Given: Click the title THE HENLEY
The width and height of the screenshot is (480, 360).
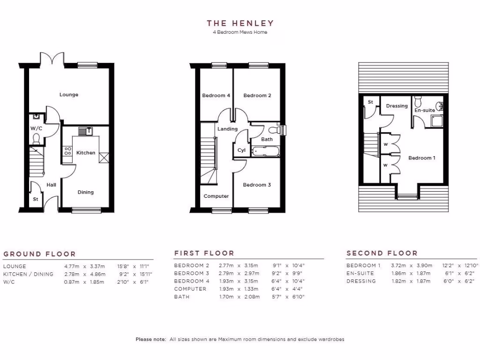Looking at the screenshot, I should pyautogui.click(x=240, y=23).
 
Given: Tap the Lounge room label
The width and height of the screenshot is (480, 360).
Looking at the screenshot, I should pyautogui.click(x=69, y=95).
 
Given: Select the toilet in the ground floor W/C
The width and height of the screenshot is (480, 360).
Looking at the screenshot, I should pyautogui.click(x=36, y=138).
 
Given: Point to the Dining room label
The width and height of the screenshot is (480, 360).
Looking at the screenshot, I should pyautogui.click(x=85, y=192).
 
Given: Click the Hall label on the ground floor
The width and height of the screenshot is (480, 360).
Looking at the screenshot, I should pyautogui.click(x=51, y=185).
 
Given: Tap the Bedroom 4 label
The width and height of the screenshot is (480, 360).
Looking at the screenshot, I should pyautogui.click(x=216, y=96).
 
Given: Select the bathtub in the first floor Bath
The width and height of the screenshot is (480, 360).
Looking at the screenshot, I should pyautogui.click(x=265, y=151).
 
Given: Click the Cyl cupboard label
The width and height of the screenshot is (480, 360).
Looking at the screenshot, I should pyautogui.click(x=241, y=150).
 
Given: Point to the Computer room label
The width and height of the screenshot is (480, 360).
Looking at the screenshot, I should pyautogui.click(x=216, y=196).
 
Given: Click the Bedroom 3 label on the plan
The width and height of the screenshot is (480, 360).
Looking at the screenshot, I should pyautogui.click(x=257, y=185).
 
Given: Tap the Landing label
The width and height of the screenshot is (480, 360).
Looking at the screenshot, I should pyautogui.click(x=227, y=129).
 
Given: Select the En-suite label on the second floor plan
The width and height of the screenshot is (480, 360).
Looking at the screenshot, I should pyautogui.click(x=424, y=110).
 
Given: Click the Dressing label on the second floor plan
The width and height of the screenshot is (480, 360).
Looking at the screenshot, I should pyautogui.click(x=397, y=106).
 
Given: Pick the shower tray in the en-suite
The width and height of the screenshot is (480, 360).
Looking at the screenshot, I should pyautogui.click(x=437, y=122).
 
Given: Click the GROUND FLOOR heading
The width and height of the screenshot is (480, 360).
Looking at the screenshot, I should pyautogui.click(x=39, y=254).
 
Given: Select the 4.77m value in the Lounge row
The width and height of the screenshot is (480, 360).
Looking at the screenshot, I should pyautogui.click(x=72, y=267).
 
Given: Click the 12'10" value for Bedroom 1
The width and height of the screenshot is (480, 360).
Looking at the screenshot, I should pyautogui.click(x=467, y=266).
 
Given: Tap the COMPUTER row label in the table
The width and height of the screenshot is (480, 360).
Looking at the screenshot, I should pyautogui.click(x=190, y=289).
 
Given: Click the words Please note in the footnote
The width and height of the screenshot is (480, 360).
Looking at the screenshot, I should pyautogui.click(x=150, y=339).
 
